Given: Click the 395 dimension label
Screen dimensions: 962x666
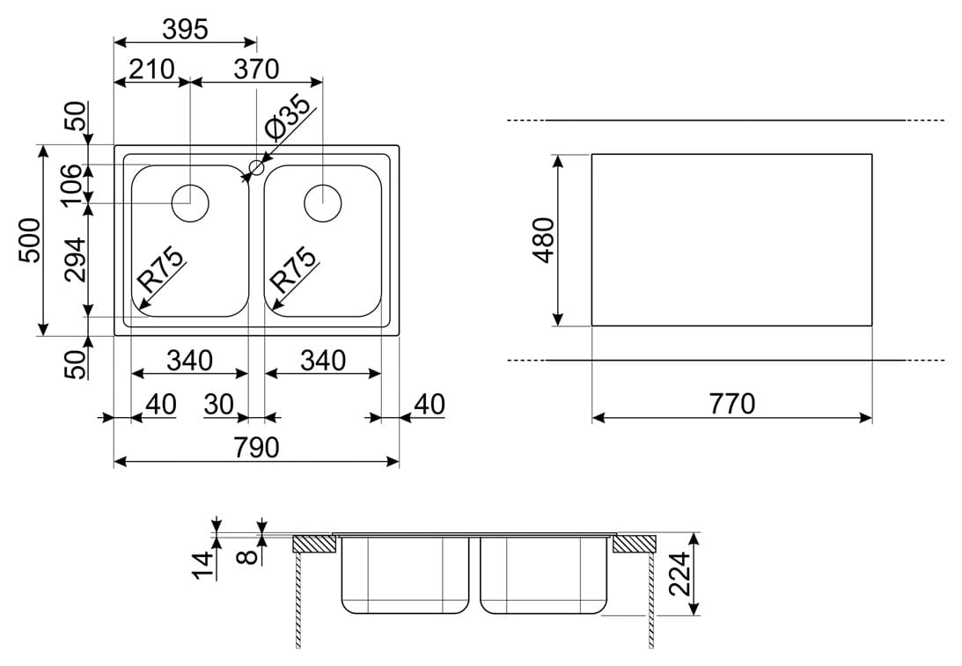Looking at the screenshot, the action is click(186, 29).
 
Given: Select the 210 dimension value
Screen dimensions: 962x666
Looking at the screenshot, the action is click(151, 70).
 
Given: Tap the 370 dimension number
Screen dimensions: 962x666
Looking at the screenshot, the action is click(256, 70).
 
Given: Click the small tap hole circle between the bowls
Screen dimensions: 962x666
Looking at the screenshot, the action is click(256, 167).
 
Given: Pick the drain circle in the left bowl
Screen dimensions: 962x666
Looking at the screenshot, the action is click(190, 203).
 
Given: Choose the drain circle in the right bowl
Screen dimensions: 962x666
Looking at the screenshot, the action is click(323, 203).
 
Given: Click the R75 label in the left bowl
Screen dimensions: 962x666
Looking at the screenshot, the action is click(160, 269).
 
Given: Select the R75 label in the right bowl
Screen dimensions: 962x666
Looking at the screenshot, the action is click(294, 269).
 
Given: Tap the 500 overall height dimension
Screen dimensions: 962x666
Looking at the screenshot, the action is click(30, 240).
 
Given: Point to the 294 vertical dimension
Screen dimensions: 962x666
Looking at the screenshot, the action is click(76, 260).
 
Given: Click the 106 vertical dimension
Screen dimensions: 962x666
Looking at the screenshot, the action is click(72, 185).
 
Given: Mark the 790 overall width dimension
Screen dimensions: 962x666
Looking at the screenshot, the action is click(256, 447).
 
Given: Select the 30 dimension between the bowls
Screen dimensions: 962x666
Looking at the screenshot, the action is click(219, 405).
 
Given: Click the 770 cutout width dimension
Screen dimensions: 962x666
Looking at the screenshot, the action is click(732, 404).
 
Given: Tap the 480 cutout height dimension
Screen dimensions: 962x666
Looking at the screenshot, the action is click(545, 240).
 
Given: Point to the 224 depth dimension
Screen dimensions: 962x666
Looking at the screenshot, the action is click(679, 574).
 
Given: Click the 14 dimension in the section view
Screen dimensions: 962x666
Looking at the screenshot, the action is click(204, 564).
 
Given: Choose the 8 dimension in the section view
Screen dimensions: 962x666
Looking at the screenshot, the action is click(250, 557).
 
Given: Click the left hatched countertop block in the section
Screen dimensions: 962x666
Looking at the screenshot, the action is click(314, 545).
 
